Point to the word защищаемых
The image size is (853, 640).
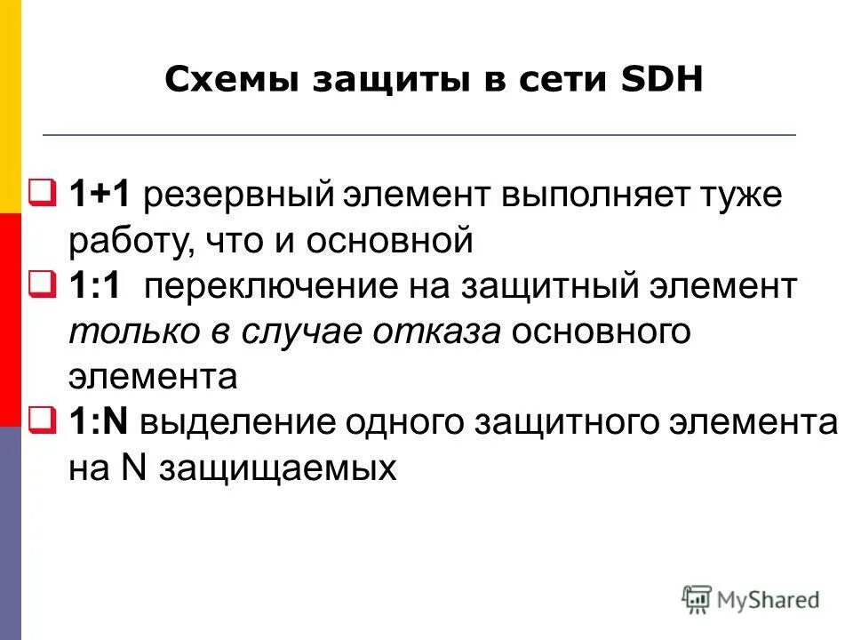(x=276, y=468)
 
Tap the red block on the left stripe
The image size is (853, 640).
(x=10, y=320)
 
